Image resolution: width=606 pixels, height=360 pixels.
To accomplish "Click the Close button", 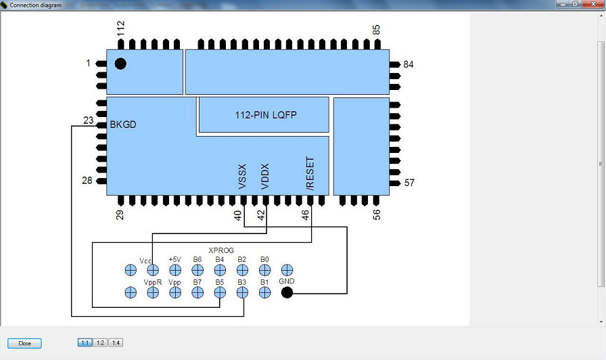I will coord(24,343).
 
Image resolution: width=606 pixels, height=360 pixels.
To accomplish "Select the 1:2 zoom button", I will coord(99,343).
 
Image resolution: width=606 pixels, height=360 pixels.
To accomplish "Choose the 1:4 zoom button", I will coord(116,343).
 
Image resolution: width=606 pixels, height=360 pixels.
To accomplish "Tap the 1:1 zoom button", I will coord(85,343).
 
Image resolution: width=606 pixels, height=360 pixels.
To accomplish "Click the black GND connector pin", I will coord(287,292).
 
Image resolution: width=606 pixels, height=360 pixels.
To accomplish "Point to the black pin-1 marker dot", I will coord(120,64).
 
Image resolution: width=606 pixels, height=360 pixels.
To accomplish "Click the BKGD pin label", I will coord(123,124).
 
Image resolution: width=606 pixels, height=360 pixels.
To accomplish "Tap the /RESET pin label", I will coord(310,173).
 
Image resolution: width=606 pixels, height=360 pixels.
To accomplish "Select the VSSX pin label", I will coord(243,176).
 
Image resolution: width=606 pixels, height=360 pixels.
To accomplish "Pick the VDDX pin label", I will coord(265,176).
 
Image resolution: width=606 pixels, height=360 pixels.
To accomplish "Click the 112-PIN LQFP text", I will coord(266,116).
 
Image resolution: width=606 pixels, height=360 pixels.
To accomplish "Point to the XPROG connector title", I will coord(221,250).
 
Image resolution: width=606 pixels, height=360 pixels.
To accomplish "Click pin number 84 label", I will coord(408,65).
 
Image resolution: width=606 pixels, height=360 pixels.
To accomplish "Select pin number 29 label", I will coord(120,215).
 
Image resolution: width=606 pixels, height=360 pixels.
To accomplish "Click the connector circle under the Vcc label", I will coord(153,270).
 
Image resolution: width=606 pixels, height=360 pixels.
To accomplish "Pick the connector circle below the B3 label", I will coord(242,292).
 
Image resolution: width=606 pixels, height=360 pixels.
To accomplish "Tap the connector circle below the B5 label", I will coord(220,292).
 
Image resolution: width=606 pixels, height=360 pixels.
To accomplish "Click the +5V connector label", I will coord(174,260).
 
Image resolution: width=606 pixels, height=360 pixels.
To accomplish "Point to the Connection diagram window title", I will coord(35,5).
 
